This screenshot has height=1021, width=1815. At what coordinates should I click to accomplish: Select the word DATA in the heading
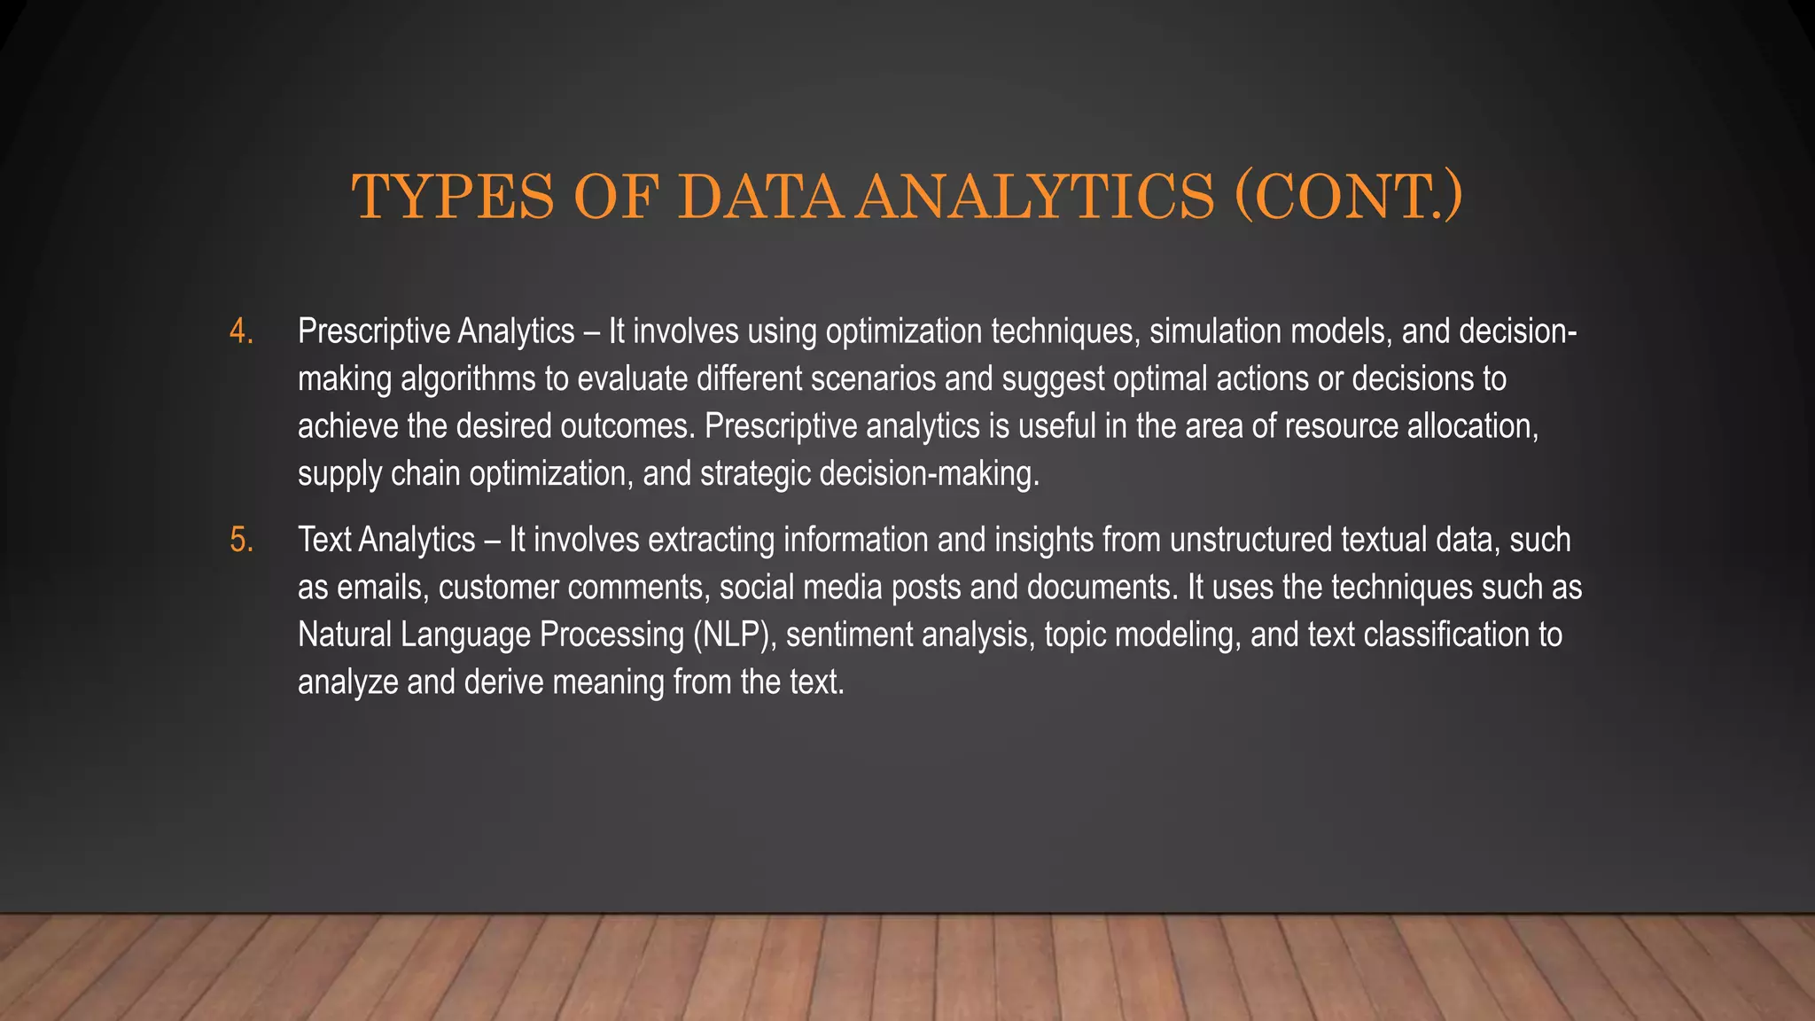(x=763, y=197)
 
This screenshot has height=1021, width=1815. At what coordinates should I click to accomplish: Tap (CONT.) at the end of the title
(x=1348, y=197)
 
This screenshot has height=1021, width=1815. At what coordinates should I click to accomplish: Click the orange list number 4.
(x=240, y=332)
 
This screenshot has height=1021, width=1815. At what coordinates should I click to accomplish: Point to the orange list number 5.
(x=240, y=541)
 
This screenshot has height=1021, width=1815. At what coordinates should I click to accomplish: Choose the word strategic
(x=755, y=474)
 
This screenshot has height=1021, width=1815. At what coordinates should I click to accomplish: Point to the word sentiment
(x=849, y=635)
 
